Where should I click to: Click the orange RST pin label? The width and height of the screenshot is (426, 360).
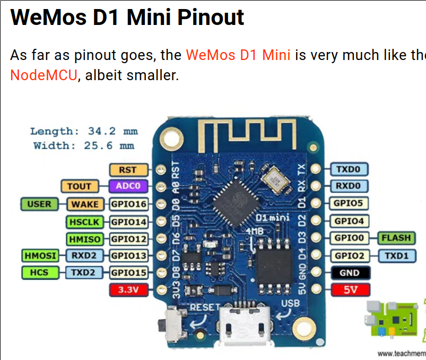click(127, 170)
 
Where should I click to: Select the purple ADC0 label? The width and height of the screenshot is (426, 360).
click(127, 186)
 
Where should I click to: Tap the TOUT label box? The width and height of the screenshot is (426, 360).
click(80, 186)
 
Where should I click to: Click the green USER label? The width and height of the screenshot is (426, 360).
click(39, 204)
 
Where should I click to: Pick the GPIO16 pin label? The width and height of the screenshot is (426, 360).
click(127, 204)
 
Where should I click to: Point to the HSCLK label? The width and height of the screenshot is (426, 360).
click(84, 221)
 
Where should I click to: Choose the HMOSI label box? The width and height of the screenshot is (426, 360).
click(40, 255)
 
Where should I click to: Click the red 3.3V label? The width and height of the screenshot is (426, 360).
click(127, 290)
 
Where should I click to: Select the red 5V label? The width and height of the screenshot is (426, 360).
click(350, 290)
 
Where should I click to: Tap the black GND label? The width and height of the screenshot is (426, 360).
click(350, 273)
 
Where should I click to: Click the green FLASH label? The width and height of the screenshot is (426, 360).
click(396, 238)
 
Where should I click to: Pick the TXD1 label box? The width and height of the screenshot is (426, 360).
click(396, 255)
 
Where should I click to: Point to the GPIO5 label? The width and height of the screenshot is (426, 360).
click(350, 203)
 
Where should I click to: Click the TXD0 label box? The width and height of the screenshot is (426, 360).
click(350, 170)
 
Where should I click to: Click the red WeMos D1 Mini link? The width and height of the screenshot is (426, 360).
click(238, 55)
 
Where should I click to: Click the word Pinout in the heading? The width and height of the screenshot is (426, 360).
click(211, 18)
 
